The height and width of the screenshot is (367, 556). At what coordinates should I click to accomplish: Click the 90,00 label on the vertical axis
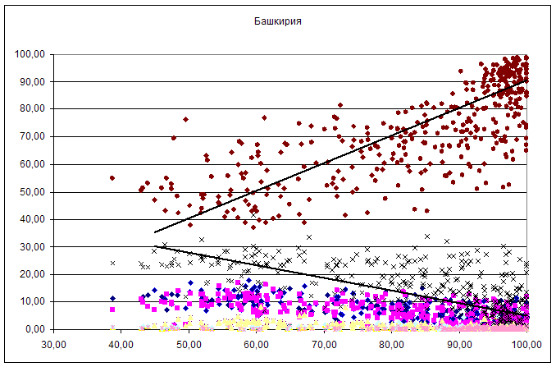[32, 81]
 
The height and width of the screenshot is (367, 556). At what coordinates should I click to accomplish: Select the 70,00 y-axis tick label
[32, 136]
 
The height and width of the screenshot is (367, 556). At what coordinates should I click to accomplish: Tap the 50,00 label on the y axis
[32, 191]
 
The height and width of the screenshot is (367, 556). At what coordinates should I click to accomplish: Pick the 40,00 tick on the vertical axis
[32, 219]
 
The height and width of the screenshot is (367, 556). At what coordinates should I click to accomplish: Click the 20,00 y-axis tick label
[32, 274]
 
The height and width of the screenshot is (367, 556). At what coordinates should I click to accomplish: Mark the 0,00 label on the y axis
[35, 329]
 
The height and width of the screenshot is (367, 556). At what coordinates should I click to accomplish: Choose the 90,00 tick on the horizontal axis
[458, 344]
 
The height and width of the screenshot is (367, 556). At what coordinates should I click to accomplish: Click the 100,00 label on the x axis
[524, 344]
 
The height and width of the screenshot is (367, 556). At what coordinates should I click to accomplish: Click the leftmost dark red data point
[112, 177]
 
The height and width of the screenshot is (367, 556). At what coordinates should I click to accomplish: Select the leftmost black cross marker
[112, 263]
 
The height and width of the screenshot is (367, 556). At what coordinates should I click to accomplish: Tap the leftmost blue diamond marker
[112, 298]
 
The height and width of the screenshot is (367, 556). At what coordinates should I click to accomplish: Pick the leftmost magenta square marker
[112, 310]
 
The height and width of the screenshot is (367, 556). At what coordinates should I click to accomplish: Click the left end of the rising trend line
[155, 232]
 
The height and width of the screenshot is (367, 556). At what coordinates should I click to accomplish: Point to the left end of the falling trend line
[155, 246]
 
